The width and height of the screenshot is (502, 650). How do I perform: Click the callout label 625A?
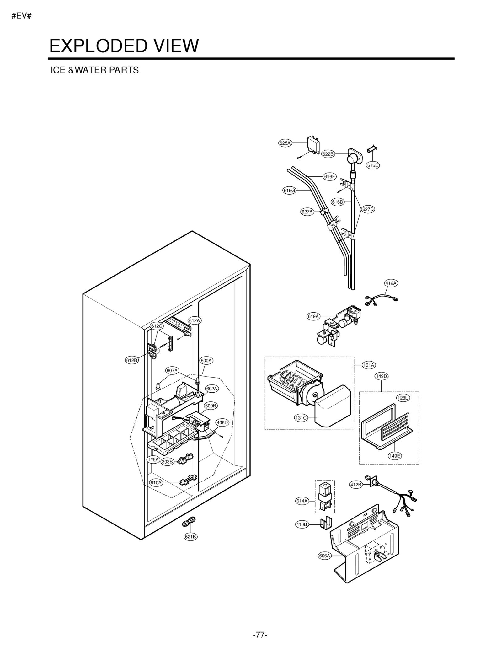coord(285,143)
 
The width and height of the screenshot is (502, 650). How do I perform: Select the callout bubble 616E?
coord(373,165)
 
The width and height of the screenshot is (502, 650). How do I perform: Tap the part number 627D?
coord(368,209)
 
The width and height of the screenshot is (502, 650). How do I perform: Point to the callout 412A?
coord(391,283)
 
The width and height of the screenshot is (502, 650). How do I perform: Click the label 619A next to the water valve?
coord(313,316)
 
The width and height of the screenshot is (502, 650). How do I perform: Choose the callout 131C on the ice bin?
coord(301,418)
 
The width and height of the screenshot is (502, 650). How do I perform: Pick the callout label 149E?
coord(394,456)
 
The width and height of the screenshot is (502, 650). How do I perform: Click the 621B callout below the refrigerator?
coord(190,537)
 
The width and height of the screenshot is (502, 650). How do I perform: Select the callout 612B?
coord(132,360)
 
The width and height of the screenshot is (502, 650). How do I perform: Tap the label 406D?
coord(222,422)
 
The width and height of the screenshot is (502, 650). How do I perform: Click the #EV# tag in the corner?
coord(22,16)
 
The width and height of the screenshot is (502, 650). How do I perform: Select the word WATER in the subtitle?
coord(91,70)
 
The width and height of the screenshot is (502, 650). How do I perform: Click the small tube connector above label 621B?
coord(189,522)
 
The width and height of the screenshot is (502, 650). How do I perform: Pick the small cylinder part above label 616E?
coord(372,149)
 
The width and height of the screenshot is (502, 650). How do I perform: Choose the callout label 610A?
coord(156,483)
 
